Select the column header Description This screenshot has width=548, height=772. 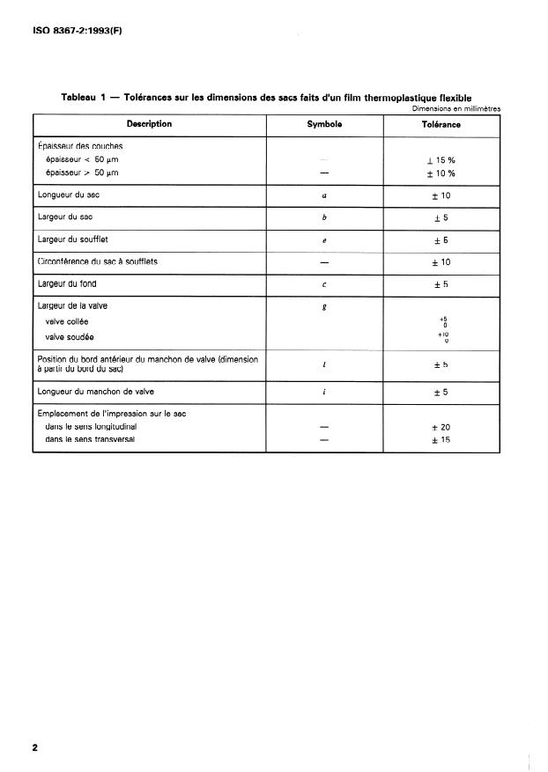tap(149, 124)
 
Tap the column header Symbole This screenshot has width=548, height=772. tap(324, 124)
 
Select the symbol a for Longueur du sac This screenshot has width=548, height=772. tap(324, 195)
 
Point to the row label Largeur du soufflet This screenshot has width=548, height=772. tap(74, 239)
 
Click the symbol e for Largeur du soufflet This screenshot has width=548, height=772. tap(324, 240)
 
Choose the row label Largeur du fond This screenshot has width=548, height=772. tap(67, 283)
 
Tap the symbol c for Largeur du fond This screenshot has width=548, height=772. tap(324, 284)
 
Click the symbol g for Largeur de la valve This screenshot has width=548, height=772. tap(324, 306)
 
